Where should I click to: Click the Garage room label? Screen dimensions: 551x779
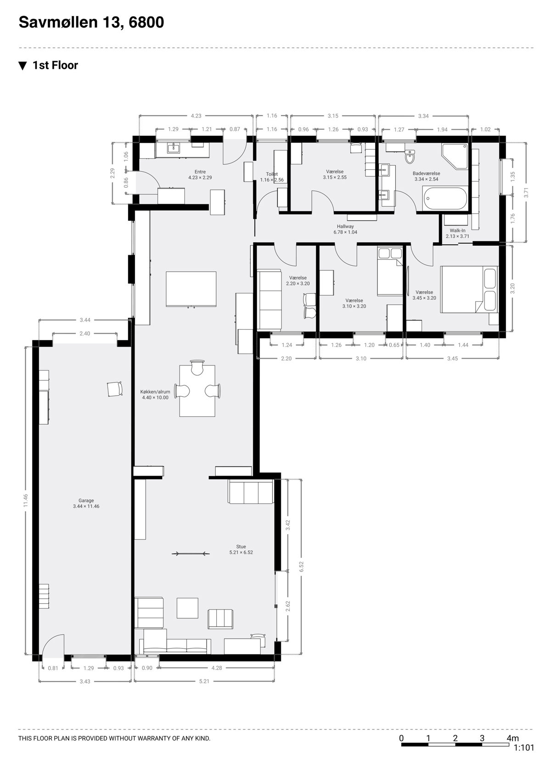tap(86, 500)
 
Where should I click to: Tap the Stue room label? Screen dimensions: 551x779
tap(241, 546)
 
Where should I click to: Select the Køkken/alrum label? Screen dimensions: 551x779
tap(155, 392)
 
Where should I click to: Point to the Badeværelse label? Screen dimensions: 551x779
tap(426, 173)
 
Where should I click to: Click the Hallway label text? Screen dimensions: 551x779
tap(345, 226)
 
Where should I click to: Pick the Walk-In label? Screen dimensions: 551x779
tap(457, 230)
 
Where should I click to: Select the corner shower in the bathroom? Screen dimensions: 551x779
tap(455, 156)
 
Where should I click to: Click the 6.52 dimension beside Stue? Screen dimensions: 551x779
tap(301, 566)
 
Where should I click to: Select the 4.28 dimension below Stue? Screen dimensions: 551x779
tap(216, 668)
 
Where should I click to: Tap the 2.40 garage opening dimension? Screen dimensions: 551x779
tap(84, 333)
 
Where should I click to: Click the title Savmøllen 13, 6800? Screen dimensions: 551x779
tap(91, 22)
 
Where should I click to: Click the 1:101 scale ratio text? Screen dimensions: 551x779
tap(523, 747)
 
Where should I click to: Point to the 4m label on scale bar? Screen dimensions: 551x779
tap(512, 738)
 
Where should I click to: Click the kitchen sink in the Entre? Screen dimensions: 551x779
tap(173, 148)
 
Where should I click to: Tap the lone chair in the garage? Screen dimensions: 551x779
tap(115, 389)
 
